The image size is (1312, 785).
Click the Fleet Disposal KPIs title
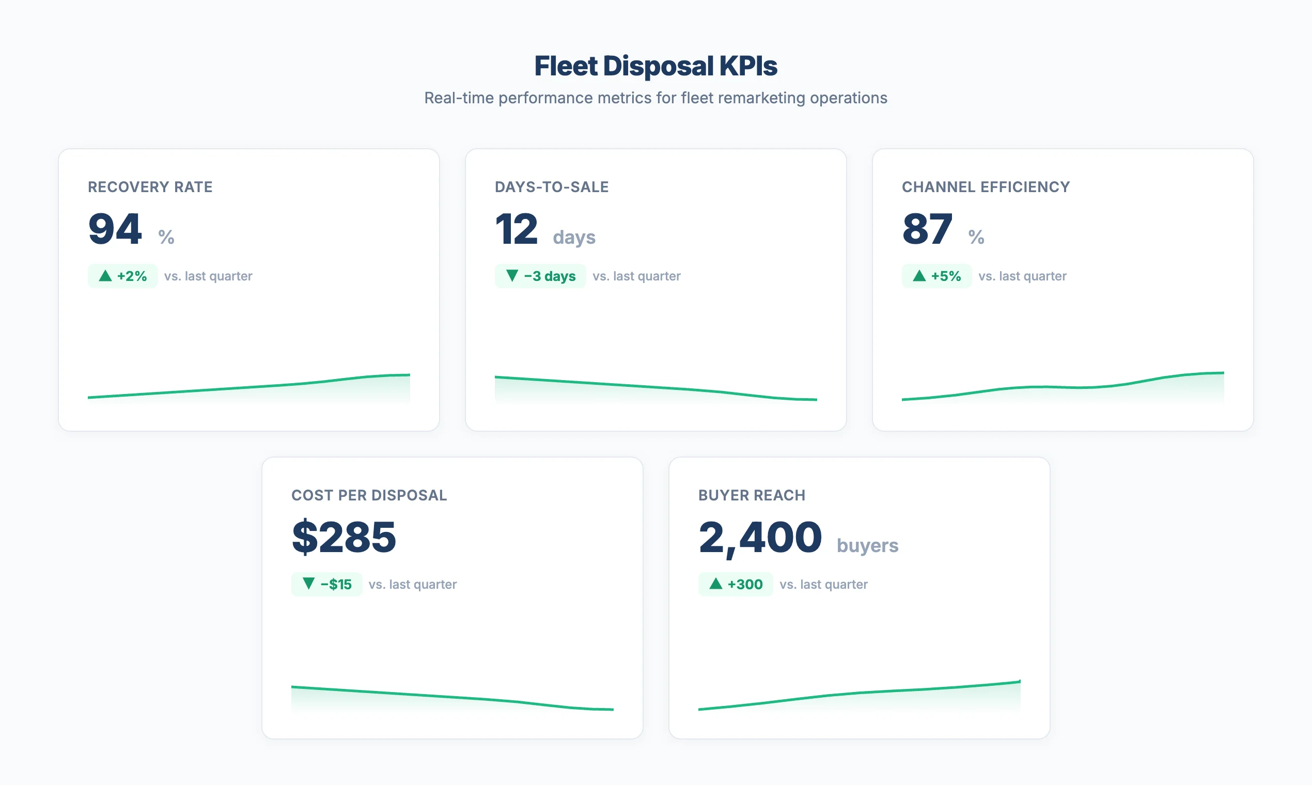655,66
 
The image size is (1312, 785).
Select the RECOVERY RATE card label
150,187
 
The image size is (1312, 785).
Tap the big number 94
115,229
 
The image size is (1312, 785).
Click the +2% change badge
123,276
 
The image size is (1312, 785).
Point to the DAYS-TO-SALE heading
551,187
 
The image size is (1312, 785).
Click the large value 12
517,229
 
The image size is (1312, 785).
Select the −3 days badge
540,276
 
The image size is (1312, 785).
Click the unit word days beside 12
574,237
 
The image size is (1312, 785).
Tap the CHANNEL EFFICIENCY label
986,187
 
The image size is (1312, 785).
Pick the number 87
927,229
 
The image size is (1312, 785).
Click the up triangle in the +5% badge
919,276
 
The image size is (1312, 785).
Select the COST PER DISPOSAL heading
369,495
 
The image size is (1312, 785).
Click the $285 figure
344,538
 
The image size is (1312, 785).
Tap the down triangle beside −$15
308,584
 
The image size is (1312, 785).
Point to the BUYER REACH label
751,495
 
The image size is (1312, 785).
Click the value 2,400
760,538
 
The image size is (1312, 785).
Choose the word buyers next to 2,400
867,545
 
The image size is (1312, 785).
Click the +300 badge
736,585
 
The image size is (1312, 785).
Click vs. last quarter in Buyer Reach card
823,585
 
